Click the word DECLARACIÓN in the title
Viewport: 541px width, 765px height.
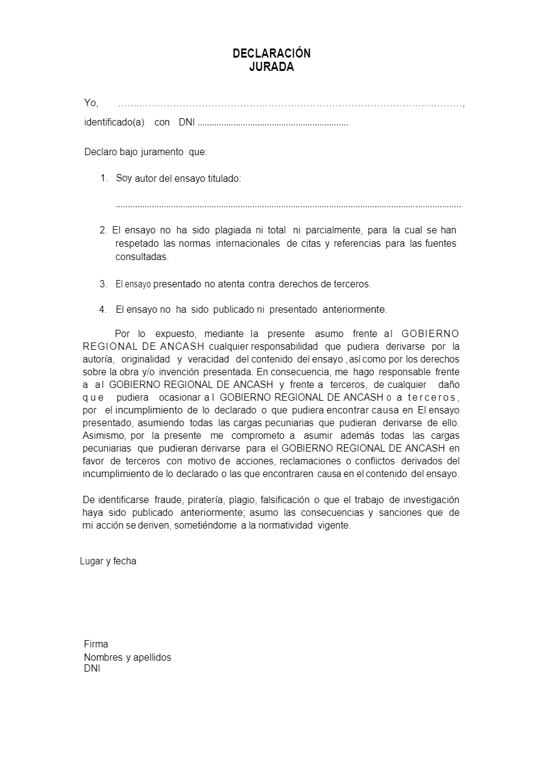coord(271,53)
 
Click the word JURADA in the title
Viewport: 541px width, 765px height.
coord(271,67)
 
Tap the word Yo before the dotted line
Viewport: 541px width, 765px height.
coord(91,103)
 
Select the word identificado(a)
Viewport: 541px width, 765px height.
coord(114,122)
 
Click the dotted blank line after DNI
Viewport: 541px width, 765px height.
coord(273,123)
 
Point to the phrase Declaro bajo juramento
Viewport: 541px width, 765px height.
coord(135,152)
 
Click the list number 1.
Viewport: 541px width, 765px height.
coord(104,178)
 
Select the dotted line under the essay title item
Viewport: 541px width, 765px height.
coord(288,205)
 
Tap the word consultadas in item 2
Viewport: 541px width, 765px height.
coord(142,257)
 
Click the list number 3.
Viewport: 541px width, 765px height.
coord(103,284)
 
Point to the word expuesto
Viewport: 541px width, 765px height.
coord(175,333)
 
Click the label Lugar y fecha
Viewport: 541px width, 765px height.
coord(108,561)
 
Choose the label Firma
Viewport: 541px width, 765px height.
coord(96,644)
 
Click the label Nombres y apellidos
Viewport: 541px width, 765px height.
coord(127,658)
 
